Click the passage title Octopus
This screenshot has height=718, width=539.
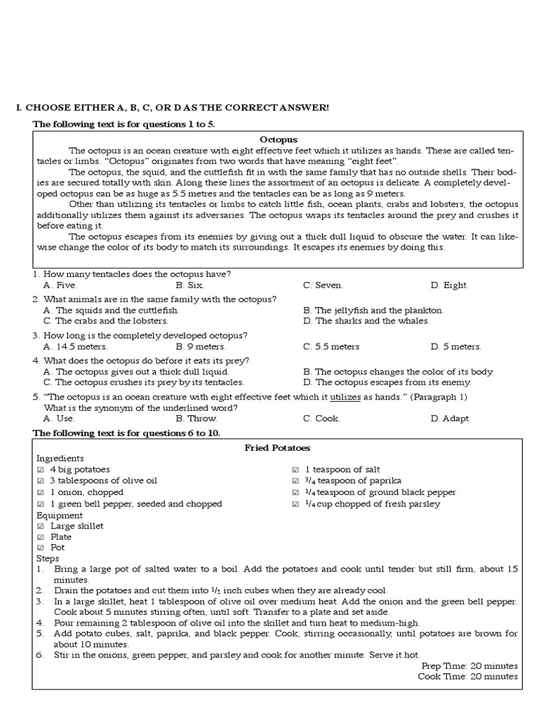279,140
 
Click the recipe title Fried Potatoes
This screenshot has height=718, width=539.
277,447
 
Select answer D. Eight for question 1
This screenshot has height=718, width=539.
449,285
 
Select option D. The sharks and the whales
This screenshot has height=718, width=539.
366,321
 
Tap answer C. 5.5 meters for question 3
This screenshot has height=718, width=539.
331,346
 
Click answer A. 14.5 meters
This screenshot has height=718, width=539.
75,346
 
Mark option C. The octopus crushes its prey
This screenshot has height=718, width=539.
143,382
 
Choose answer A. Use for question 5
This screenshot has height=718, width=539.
59,418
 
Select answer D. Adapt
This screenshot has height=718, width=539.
451,418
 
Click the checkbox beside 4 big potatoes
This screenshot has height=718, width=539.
40,469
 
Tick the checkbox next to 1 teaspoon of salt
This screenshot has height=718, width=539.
295,469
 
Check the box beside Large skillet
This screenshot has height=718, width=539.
40,526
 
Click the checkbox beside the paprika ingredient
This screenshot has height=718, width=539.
295,481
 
